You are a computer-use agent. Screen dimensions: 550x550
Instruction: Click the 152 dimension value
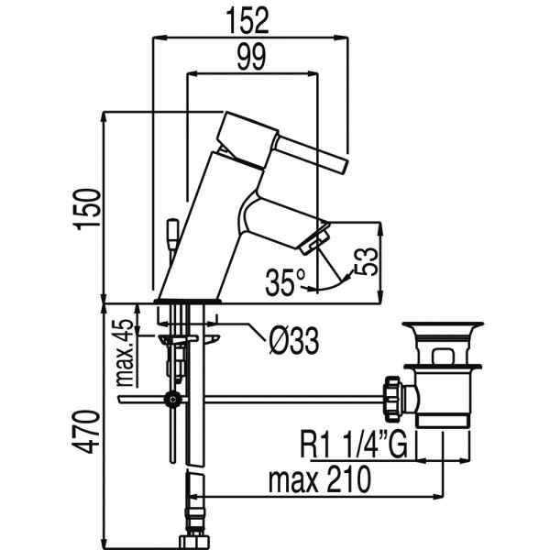[247, 21]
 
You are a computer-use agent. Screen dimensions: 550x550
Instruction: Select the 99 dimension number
[251, 57]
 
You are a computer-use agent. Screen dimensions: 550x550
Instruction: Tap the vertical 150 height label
[88, 209]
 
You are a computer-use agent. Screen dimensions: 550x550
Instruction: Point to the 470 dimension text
[86, 432]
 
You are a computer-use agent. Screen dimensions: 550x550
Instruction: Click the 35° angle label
[285, 282]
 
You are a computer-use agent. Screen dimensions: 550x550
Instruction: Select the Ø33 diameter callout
[294, 341]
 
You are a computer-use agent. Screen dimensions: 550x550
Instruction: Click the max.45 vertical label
[125, 352]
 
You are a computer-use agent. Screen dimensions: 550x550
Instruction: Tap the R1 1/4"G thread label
[354, 445]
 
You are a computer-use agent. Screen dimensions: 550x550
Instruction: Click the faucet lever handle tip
[344, 166]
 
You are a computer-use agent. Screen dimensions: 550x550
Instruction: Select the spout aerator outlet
[315, 239]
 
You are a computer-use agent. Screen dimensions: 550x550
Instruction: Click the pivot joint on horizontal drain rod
[172, 399]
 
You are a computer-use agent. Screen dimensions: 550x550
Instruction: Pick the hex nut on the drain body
[392, 399]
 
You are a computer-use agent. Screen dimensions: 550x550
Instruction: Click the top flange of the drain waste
[443, 324]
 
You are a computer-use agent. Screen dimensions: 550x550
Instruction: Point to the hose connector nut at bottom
[194, 542]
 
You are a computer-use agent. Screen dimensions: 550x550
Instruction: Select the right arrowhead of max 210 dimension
[437, 496]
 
